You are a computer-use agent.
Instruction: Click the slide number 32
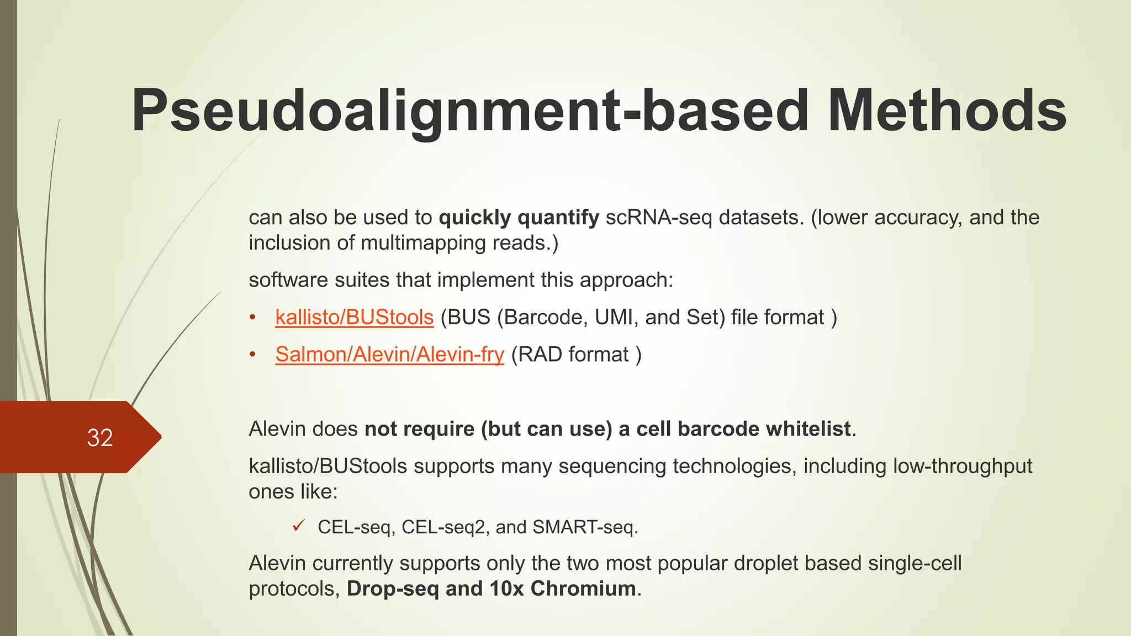click(100, 438)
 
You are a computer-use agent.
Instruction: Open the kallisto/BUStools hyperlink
click(354, 317)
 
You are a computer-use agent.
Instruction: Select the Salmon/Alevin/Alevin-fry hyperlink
click(389, 354)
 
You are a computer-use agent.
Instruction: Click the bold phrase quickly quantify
click(519, 218)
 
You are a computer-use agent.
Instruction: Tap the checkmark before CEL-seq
click(299, 526)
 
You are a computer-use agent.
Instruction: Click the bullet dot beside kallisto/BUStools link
click(252, 318)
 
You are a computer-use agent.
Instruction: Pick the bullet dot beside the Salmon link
click(252, 355)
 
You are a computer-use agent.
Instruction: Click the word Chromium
click(583, 589)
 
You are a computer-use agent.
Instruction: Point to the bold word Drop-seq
click(393, 589)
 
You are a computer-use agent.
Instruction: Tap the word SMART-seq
click(584, 527)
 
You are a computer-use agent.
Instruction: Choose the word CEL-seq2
click(445, 527)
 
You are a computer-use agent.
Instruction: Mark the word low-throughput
click(963, 466)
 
